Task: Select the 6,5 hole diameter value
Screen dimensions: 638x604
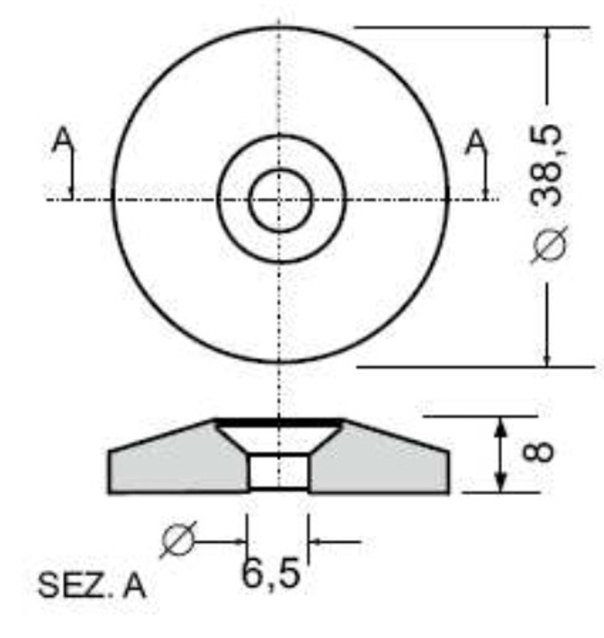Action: point(270,573)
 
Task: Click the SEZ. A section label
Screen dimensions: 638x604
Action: point(92,586)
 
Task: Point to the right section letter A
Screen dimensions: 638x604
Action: point(475,141)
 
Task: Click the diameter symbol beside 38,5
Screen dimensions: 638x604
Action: point(548,246)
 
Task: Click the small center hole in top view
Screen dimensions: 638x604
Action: point(280,200)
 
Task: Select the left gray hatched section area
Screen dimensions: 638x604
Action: point(172,463)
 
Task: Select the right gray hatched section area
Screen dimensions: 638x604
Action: point(383,463)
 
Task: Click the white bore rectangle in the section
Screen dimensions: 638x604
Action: point(278,472)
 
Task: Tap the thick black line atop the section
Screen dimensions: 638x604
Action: point(279,422)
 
